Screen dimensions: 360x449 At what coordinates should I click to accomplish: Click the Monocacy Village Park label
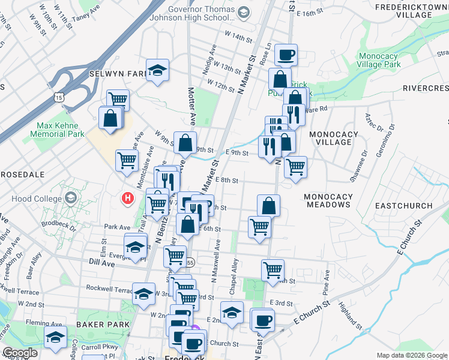point(378,60)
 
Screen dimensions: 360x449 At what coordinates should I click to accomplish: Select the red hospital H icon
point(127,197)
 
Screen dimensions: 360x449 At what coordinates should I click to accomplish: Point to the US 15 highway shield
point(58,96)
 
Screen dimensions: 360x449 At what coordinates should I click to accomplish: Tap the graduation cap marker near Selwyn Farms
point(157,70)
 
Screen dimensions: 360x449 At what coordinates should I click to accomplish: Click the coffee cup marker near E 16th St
point(286,54)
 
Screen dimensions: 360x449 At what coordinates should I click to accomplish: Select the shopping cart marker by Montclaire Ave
point(127,160)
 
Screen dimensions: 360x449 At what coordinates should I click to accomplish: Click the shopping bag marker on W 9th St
point(185,142)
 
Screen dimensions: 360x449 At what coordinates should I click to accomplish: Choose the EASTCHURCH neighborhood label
point(403,206)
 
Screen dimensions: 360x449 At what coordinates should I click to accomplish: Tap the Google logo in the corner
point(20,353)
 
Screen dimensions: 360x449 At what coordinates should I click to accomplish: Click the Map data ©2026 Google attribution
point(411,355)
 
